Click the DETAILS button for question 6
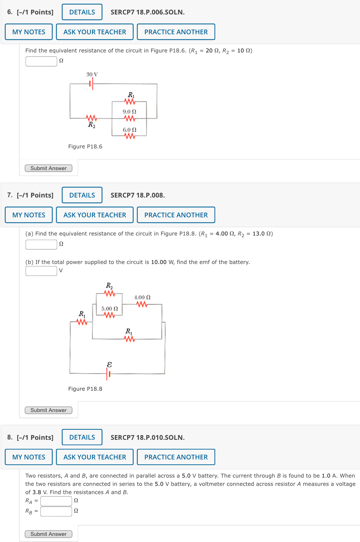pos(82,12)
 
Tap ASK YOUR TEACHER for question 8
pos(95,457)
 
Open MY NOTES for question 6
pos(29,32)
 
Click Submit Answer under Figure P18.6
pos(48,168)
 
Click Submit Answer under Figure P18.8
pos(48,410)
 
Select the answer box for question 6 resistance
pos(41,61)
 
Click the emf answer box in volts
pos(41,270)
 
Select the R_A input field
pos(56,501)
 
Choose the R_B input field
pos(56,511)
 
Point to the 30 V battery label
pos(92,74)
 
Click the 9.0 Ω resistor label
pos(129,112)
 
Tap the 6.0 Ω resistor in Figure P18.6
pos(130,136)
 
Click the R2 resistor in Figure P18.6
pos(91,118)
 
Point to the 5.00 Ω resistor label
pos(109,309)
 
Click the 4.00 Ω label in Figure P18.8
pos(142,298)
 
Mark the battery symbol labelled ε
pos(108,374)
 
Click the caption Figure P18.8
pos(85,389)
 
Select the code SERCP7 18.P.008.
pos(138,195)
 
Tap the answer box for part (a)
pos(41,244)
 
